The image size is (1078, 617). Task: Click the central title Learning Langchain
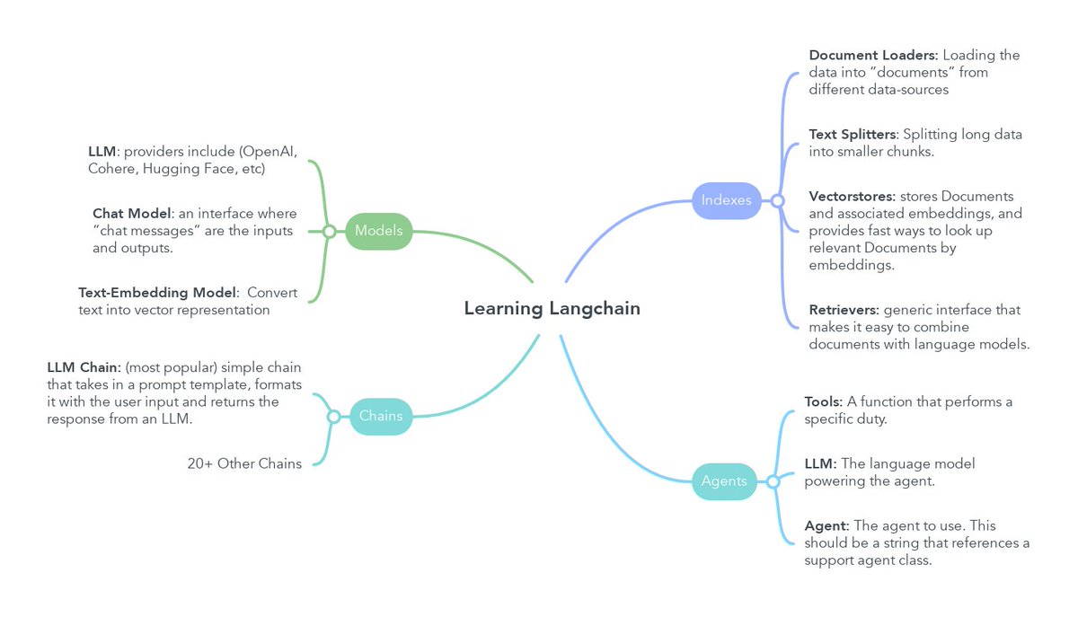pyautogui.click(x=552, y=309)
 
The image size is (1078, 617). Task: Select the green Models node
pyautogui.click(x=378, y=231)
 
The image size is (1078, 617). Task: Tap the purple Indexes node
pyautogui.click(x=726, y=200)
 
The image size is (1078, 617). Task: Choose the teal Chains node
pyautogui.click(x=381, y=417)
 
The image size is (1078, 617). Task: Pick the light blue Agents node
pyautogui.click(x=723, y=481)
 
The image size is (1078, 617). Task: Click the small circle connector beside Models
pyautogui.click(x=329, y=232)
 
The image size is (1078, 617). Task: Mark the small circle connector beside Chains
pyautogui.click(x=333, y=417)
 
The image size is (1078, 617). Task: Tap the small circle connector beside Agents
pyautogui.click(x=773, y=482)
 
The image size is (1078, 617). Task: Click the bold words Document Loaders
pyautogui.click(x=861, y=56)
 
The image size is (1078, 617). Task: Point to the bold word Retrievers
pyautogui.click(x=844, y=310)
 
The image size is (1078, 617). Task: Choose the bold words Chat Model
pyautogui.click(x=130, y=214)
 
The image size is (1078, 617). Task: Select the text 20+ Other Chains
pyautogui.click(x=244, y=463)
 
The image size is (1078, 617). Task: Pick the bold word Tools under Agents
pyautogui.click(x=823, y=401)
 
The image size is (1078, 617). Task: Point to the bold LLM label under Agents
pyautogui.click(x=820, y=463)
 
